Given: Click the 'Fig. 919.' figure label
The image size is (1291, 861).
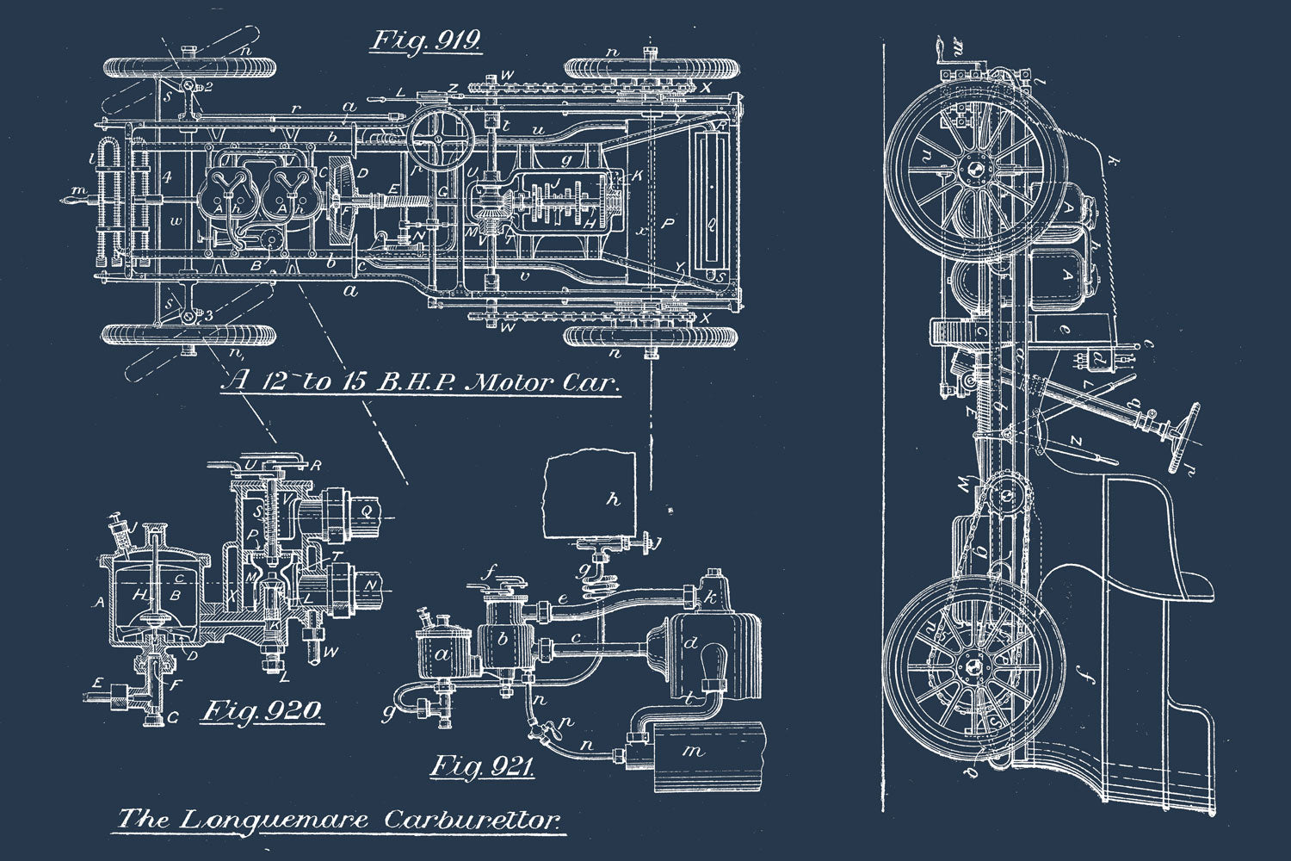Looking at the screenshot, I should pos(425,41).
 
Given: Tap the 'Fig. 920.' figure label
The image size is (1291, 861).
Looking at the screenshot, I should pos(263,711).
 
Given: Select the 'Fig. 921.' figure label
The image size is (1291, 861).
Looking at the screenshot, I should pos(482,765).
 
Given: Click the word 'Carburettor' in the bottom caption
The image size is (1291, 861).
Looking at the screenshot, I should pos(473,819).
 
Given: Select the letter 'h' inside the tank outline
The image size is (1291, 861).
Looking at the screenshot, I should pos(612,499).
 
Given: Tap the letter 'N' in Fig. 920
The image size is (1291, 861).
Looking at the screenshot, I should pos(371,585).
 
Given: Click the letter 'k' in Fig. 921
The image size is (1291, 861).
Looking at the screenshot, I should pos(711,596).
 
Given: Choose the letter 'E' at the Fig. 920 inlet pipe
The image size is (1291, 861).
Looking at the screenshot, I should pos(99,683).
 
